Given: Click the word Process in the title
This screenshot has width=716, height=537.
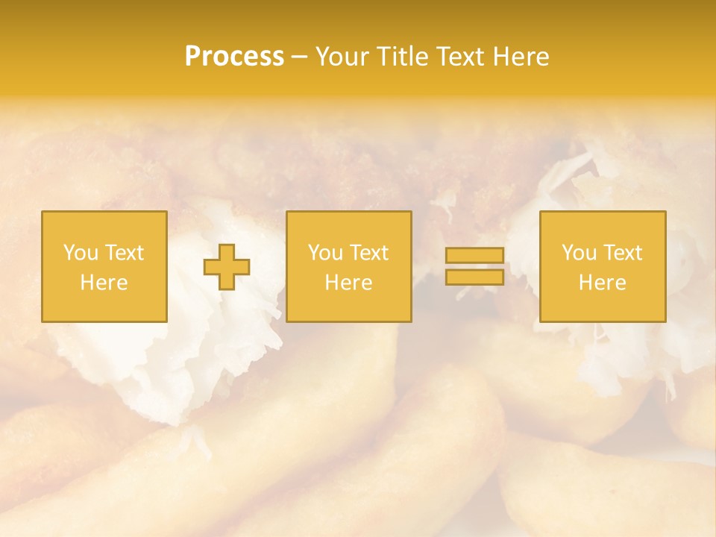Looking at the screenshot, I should click(234, 57).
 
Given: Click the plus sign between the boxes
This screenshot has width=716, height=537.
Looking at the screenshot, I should click(227, 267).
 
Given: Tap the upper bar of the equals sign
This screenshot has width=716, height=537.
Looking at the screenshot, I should click(474, 256).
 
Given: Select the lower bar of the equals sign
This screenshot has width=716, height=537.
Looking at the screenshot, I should click(474, 277).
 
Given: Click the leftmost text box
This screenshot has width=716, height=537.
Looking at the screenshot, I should click(104, 266).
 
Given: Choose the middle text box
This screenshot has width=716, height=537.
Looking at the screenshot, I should click(348, 266).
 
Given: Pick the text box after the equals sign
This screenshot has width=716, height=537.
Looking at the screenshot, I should click(602, 266).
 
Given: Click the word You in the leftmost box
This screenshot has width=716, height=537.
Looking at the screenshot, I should click(80, 253).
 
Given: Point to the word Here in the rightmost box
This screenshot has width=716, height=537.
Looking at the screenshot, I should click(602, 283).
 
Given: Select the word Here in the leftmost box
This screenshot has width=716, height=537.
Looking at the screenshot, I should click(104, 283).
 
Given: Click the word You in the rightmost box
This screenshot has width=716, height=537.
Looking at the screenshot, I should click(578, 253).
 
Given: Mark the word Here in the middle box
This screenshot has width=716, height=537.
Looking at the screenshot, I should click(348, 283).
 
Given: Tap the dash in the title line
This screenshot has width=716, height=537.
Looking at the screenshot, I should click(299, 57).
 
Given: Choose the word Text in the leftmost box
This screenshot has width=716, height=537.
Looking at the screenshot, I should click(124, 253).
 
